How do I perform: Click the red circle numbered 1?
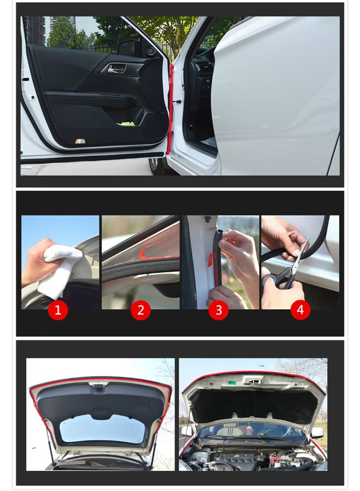point(58,310)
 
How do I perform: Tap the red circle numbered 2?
point(141,310)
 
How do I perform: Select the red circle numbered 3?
point(219,310)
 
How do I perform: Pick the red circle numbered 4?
point(300,310)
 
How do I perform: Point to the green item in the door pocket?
point(127,123)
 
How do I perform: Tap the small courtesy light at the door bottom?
point(80,141)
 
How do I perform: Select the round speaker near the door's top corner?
point(150,51)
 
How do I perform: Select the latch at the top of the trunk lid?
point(99,386)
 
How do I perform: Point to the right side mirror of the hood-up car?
point(317,432)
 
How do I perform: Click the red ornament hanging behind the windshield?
point(250,430)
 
